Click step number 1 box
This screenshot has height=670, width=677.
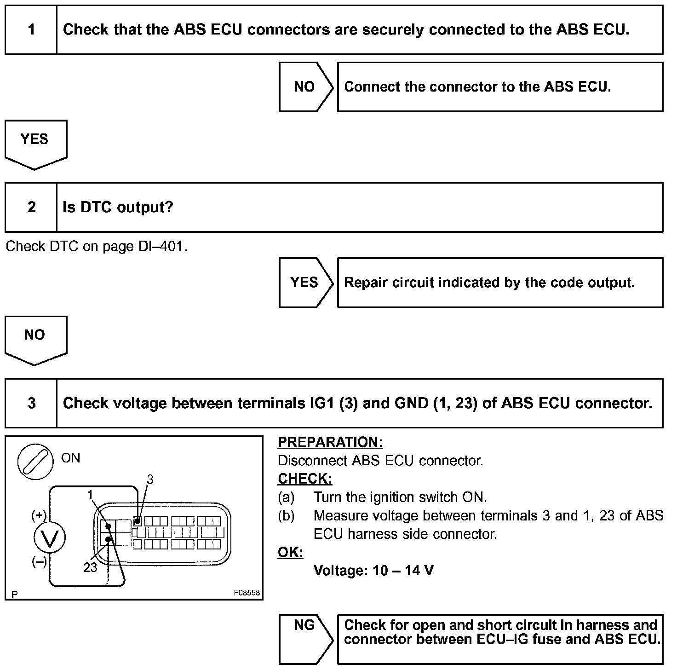click(31, 30)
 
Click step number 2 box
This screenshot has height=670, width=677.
click(31, 207)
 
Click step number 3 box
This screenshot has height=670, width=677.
click(31, 403)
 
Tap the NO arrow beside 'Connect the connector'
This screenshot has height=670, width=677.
click(305, 87)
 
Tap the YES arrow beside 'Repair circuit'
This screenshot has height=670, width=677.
click(305, 282)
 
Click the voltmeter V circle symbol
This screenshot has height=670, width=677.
click(50, 537)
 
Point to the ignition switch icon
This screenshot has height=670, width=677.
click(35, 462)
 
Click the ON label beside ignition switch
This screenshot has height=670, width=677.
click(71, 458)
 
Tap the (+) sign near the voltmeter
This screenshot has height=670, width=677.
click(39, 515)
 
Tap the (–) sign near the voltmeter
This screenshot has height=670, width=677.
click(39, 562)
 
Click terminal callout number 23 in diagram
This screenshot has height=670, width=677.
click(91, 567)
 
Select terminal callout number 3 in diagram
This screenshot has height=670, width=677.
click(150, 479)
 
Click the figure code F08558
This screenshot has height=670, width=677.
click(247, 593)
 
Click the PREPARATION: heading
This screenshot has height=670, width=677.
click(330, 442)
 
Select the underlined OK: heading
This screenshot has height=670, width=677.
click(290, 552)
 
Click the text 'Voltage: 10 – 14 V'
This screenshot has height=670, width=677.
click(373, 571)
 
